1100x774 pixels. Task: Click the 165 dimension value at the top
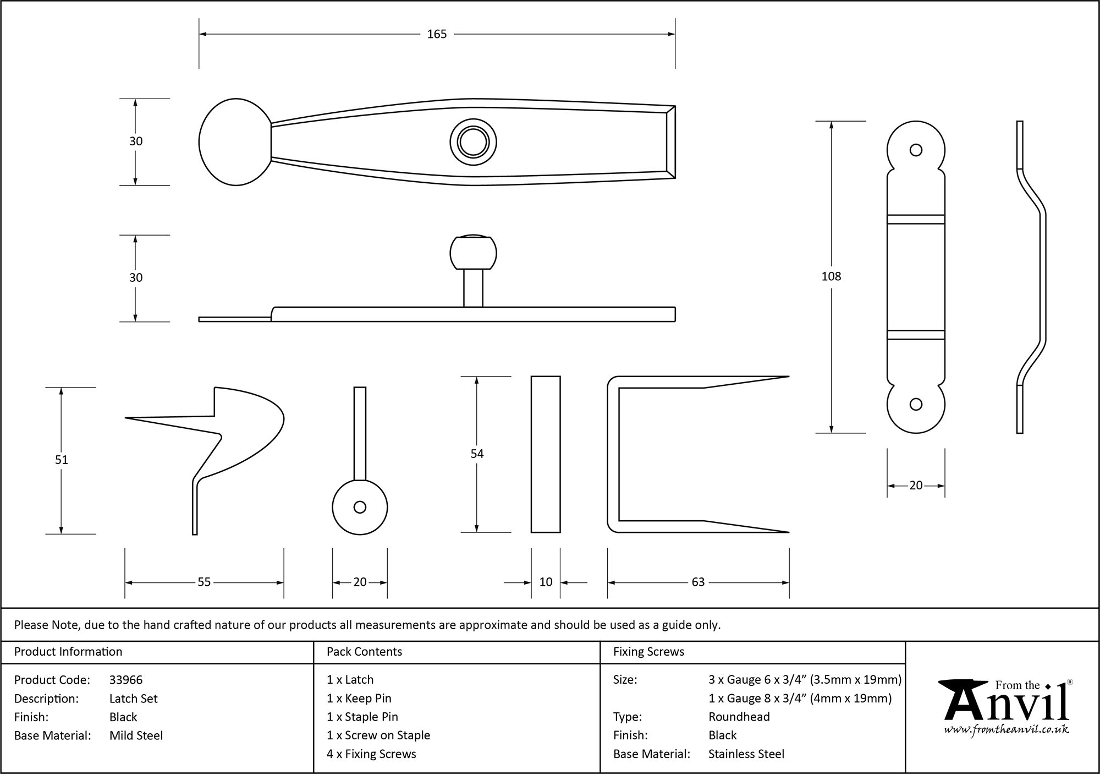point(437,34)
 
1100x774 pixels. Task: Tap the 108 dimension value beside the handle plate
point(831,276)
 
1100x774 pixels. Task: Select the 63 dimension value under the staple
point(698,582)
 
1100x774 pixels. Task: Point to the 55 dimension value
point(204,582)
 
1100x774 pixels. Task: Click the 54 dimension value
point(477,454)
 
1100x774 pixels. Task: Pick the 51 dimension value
point(61,460)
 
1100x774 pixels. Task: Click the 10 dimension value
point(546,582)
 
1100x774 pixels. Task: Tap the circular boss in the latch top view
point(473,143)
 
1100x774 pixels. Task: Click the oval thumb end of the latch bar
point(235,142)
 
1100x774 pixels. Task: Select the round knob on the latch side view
point(473,253)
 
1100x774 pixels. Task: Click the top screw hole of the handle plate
point(916,150)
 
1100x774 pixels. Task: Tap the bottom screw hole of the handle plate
point(916,405)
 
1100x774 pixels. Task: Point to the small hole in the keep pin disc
point(360,507)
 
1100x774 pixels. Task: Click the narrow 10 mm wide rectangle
point(546,454)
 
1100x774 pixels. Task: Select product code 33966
point(126,680)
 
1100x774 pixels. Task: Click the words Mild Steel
point(136,735)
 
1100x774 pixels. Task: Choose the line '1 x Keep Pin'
point(359,699)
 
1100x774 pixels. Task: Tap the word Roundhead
point(739,717)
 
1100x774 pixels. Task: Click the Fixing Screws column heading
point(648,652)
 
